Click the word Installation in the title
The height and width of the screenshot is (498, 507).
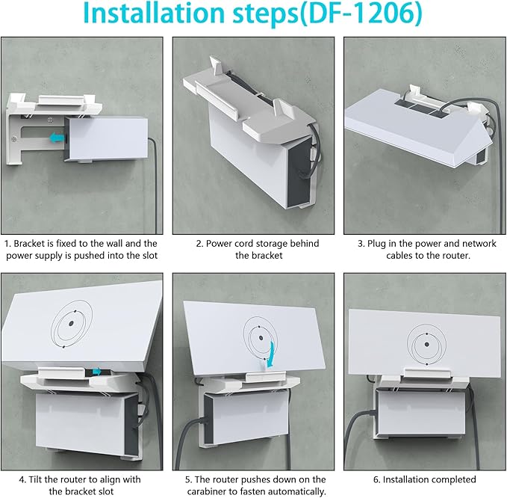(x=154, y=13)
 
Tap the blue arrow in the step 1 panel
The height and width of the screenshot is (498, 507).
(x=57, y=138)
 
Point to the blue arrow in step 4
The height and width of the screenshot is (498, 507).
(x=97, y=372)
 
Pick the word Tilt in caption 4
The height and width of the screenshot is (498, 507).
(x=34, y=479)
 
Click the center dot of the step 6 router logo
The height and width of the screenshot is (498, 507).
(x=427, y=345)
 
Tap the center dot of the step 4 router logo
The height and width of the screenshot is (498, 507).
(x=71, y=323)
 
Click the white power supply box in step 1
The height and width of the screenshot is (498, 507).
(x=106, y=138)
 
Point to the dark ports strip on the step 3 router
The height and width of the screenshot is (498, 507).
(x=421, y=109)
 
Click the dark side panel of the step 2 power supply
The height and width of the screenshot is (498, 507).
(x=299, y=172)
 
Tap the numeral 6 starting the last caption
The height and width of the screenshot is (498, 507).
(x=376, y=479)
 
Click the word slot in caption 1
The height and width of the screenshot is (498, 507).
(x=150, y=256)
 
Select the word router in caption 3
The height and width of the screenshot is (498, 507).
(x=456, y=256)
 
